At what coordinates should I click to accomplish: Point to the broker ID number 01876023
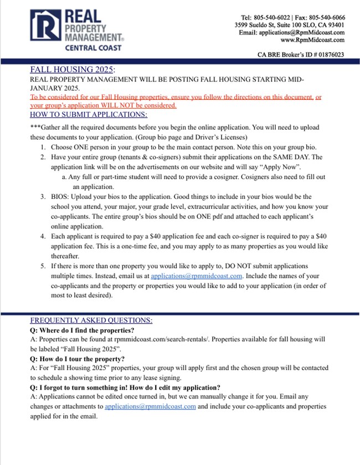(328, 55)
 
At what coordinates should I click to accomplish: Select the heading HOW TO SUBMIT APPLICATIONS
(89, 115)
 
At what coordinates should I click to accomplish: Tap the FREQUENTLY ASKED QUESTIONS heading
(91, 320)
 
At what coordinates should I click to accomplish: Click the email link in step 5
(197, 276)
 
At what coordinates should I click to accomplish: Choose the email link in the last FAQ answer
(150, 406)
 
